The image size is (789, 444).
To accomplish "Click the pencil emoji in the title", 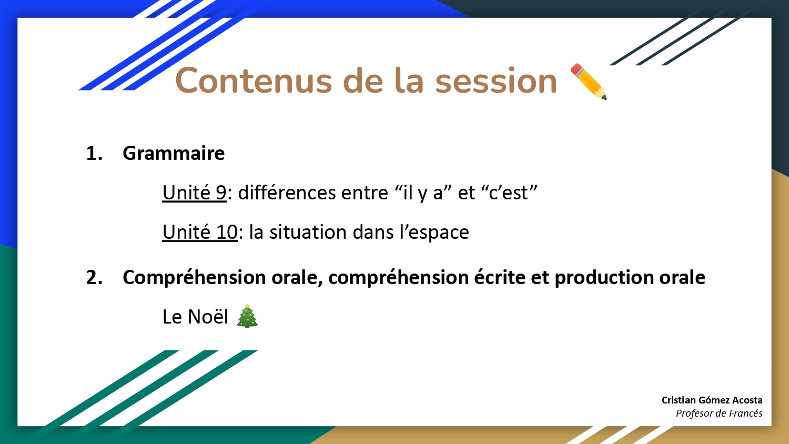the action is pyautogui.click(x=589, y=82).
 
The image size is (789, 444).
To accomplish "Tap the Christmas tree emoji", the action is pyautogui.click(x=247, y=316).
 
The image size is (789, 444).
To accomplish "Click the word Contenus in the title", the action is pyautogui.click(x=254, y=81).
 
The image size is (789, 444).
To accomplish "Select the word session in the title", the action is pyautogui.click(x=496, y=81).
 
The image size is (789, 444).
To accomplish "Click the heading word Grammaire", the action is pyautogui.click(x=174, y=154).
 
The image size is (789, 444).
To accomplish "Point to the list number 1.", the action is pyautogui.click(x=94, y=154).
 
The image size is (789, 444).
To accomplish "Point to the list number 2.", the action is pyautogui.click(x=94, y=278).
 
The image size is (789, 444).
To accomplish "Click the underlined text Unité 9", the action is pyautogui.click(x=194, y=193).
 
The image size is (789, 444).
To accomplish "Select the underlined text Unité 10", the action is pyautogui.click(x=200, y=232).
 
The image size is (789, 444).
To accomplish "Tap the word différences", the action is pyautogui.click(x=287, y=193).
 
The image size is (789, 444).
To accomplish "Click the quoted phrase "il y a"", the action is pyautogui.click(x=422, y=193).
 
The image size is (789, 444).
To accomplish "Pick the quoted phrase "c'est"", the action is pyautogui.click(x=509, y=193).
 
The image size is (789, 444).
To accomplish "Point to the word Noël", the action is pyautogui.click(x=208, y=317).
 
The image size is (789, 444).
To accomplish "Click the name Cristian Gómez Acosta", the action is pyautogui.click(x=712, y=400).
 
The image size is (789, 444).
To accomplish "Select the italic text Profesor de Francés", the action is pyautogui.click(x=719, y=413).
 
